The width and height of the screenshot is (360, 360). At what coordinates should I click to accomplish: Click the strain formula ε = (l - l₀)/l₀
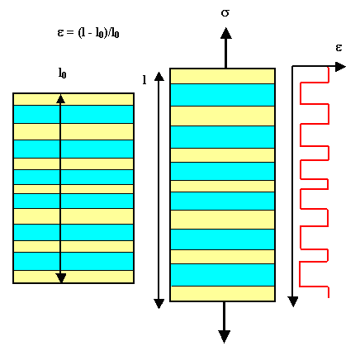click(x=88, y=33)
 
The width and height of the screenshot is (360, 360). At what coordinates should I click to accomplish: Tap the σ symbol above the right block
click(x=225, y=12)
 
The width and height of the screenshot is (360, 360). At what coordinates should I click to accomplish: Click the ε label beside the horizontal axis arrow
click(x=339, y=48)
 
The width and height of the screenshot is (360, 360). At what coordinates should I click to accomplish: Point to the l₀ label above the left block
click(x=63, y=73)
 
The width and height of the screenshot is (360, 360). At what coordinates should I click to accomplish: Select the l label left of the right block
click(x=144, y=80)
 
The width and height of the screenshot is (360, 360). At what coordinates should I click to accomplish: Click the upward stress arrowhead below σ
click(x=225, y=33)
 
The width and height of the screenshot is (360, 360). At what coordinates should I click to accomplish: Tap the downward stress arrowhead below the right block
click(x=224, y=337)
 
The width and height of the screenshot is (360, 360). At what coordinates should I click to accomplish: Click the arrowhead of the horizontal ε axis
click(x=340, y=67)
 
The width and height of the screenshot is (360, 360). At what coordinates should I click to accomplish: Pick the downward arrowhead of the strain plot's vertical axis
click(x=293, y=301)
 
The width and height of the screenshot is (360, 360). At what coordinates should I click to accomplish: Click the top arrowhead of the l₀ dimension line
click(x=60, y=99)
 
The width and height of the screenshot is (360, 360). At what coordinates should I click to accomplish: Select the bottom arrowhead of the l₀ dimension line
click(x=61, y=278)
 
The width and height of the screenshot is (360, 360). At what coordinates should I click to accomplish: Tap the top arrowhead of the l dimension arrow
click(x=159, y=76)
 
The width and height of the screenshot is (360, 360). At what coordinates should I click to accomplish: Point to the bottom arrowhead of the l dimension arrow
click(x=159, y=304)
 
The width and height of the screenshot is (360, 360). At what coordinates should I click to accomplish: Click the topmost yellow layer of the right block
click(x=222, y=76)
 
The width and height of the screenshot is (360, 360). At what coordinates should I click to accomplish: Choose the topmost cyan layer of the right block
click(x=222, y=95)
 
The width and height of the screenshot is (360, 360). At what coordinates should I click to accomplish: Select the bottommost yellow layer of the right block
click(x=222, y=293)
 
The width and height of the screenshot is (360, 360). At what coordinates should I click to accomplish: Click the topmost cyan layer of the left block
click(x=73, y=114)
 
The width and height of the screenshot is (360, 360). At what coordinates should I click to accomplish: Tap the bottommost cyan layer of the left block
click(x=73, y=261)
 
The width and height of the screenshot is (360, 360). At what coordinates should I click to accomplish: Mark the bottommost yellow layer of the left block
click(x=73, y=277)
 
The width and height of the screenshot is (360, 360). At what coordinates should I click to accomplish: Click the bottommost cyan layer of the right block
click(x=222, y=275)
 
